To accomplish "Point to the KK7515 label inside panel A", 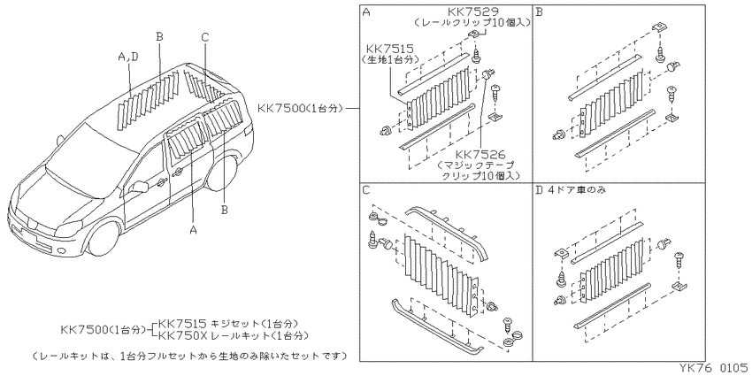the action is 390,49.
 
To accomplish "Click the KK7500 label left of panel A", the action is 281,108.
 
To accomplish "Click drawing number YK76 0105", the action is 713,367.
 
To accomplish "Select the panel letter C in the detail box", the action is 366,190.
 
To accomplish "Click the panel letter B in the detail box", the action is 539,12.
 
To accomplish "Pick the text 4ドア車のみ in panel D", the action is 576,190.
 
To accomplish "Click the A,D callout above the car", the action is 128,57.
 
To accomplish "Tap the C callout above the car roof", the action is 204,37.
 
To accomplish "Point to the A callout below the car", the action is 193,230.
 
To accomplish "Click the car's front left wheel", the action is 104,237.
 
